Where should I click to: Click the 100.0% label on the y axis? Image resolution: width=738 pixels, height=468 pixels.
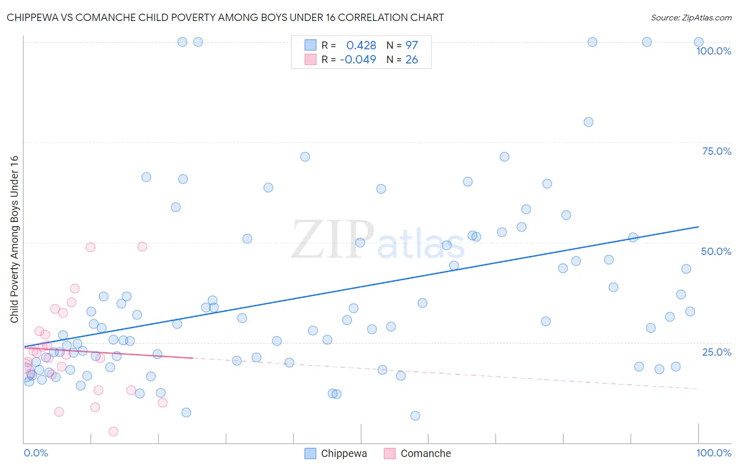(713, 51)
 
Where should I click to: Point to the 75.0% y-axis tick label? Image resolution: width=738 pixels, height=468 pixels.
(716, 151)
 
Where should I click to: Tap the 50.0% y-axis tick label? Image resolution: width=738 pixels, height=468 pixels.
(716, 251)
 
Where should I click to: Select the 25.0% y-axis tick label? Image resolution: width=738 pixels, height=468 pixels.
(716, 352)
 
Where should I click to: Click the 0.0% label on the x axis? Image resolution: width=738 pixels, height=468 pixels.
(36, 453)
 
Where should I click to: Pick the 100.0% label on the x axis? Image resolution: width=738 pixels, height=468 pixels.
(713, 453)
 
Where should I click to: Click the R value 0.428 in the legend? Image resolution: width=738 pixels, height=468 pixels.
(361, 45)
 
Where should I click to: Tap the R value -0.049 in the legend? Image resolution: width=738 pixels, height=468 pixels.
(358, 59)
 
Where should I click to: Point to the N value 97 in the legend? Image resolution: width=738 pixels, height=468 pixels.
(412, 45)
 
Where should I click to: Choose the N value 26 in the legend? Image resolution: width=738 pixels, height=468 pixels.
(412, 59)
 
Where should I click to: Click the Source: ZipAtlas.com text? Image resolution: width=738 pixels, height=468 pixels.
(691, 17)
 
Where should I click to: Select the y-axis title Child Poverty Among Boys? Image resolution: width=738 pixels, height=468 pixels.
(14, 239)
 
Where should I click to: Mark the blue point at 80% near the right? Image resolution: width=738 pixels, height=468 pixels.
(588, 122)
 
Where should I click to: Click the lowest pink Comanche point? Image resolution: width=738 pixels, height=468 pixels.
(113, 431)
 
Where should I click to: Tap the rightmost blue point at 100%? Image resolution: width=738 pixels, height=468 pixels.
(699, 42)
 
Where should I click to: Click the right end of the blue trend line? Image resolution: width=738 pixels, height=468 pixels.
(698, 227)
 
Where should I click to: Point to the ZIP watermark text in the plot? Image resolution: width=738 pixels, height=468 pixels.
(333, 240)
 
